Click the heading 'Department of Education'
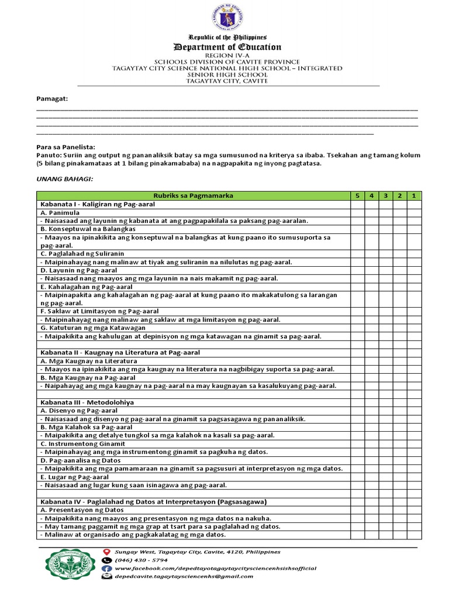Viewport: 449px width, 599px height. pos(227,47)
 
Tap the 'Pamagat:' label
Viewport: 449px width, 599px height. pos(52,98)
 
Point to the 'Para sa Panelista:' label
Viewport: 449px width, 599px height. pos(65,147)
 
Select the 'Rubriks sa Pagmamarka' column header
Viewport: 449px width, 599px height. pos(192,196)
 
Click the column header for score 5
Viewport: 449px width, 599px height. pos(357,196)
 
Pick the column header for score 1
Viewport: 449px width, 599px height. pos(413,196)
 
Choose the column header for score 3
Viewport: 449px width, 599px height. pos(385,196)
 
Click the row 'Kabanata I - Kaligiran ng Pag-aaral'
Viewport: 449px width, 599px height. pos(96,204)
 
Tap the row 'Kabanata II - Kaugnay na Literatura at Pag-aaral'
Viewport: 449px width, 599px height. pos(120,353)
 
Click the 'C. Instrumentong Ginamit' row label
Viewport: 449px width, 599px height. pos(80,443)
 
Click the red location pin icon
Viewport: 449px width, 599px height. pos(106,552)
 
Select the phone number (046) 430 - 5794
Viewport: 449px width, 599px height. pos(142,560)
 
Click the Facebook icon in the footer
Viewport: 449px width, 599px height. pos(106,568)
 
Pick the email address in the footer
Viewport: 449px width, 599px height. pos(184,576)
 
